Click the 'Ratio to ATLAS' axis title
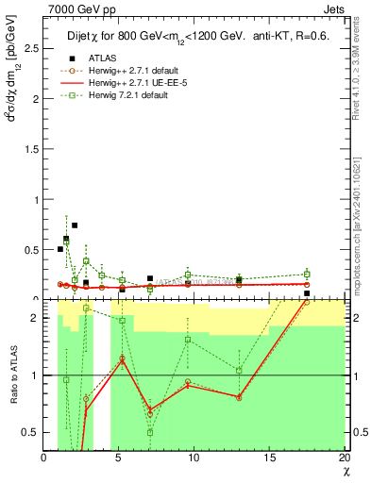[x=11, y=376]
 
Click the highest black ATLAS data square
[x=75, y=225]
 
